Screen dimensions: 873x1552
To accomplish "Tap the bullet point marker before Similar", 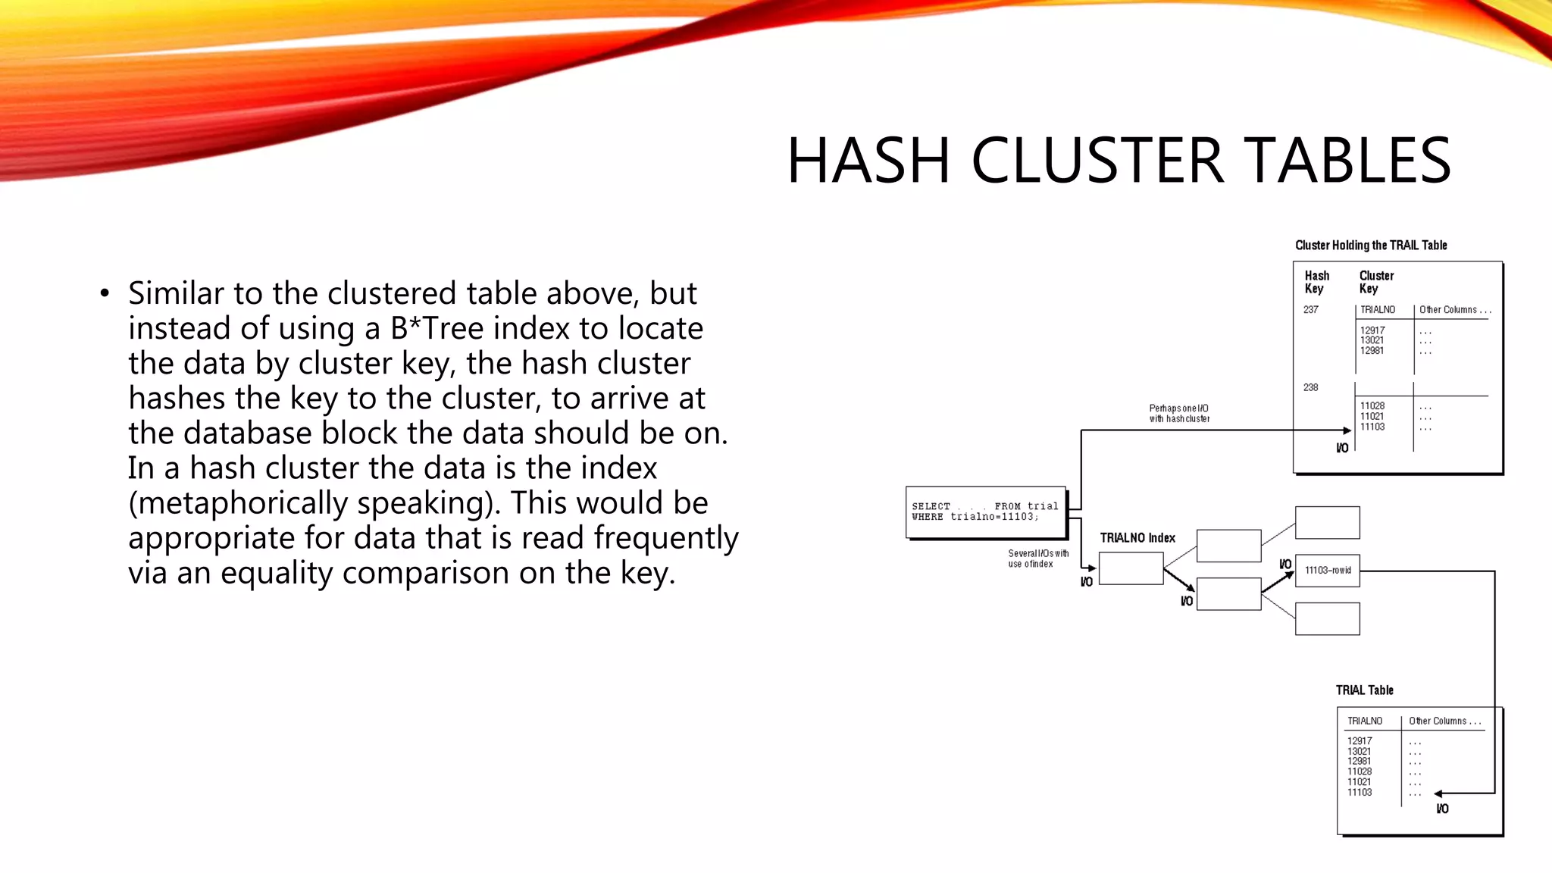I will pos(105,294).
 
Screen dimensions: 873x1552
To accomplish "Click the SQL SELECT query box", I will pos(985,512).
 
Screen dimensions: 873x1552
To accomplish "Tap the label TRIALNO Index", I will pos(1137,538).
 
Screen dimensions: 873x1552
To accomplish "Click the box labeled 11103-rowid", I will pos(1327,571).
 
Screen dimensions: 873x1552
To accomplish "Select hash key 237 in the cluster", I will pos(1311,310).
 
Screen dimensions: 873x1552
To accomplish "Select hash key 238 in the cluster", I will pos(1311,387).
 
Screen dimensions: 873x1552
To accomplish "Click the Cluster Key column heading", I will pos(1375,282).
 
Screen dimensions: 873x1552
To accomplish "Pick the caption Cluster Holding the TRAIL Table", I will pos(1371,246).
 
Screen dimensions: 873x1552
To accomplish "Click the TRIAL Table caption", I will pos(1364,690).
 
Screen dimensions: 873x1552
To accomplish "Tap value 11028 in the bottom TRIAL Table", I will pos(1359,771).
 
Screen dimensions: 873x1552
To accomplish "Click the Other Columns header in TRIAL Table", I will pos(1444,721).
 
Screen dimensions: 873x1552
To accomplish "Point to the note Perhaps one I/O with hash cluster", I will pos(1179,414).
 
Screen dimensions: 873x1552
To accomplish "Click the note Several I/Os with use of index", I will pos(1037,559).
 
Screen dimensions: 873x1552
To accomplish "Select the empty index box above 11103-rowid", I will pos(1327,523).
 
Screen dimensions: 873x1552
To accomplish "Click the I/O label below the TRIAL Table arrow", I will pos(1442,809).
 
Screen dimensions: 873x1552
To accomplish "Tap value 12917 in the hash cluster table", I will pos(1372,330).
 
